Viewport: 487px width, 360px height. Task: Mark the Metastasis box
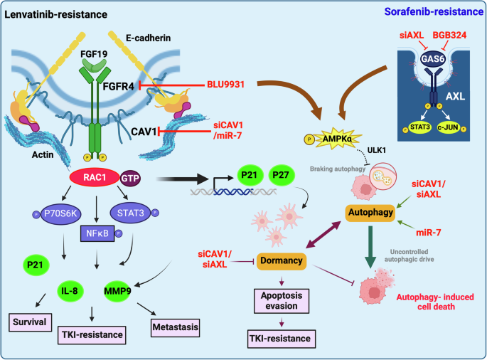click(x=175, y=327)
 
